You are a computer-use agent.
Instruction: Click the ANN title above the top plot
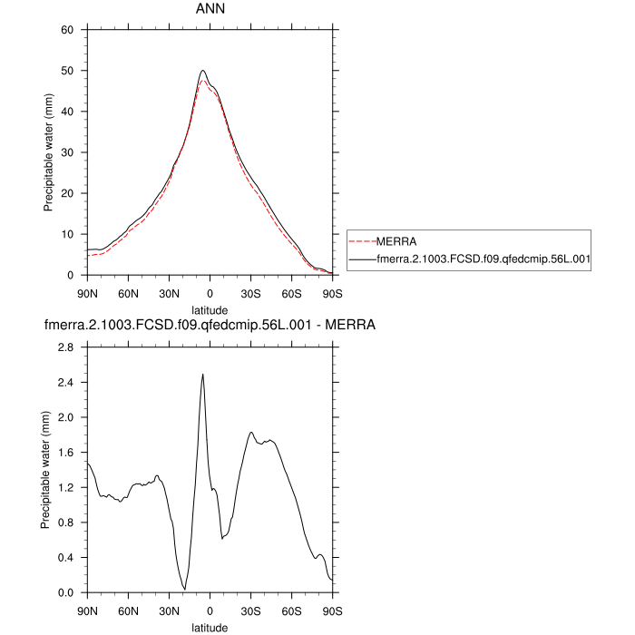tap(210, 9)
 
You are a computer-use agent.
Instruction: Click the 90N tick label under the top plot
tap(87, 293)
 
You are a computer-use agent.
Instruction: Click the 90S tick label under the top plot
tap(332, 293)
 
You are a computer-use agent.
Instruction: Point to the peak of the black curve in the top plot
tap(203, 70)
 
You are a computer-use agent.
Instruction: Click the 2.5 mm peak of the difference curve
tap(202, 374)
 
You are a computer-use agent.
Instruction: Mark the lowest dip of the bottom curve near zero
tap(185, 590)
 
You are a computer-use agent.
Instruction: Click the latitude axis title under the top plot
tap(210, 309)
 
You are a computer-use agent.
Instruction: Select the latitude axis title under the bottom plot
tap(210, 627)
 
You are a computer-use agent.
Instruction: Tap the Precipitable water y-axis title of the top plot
tap(48, 152)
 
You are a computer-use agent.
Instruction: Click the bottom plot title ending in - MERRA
tap(210, 324)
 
